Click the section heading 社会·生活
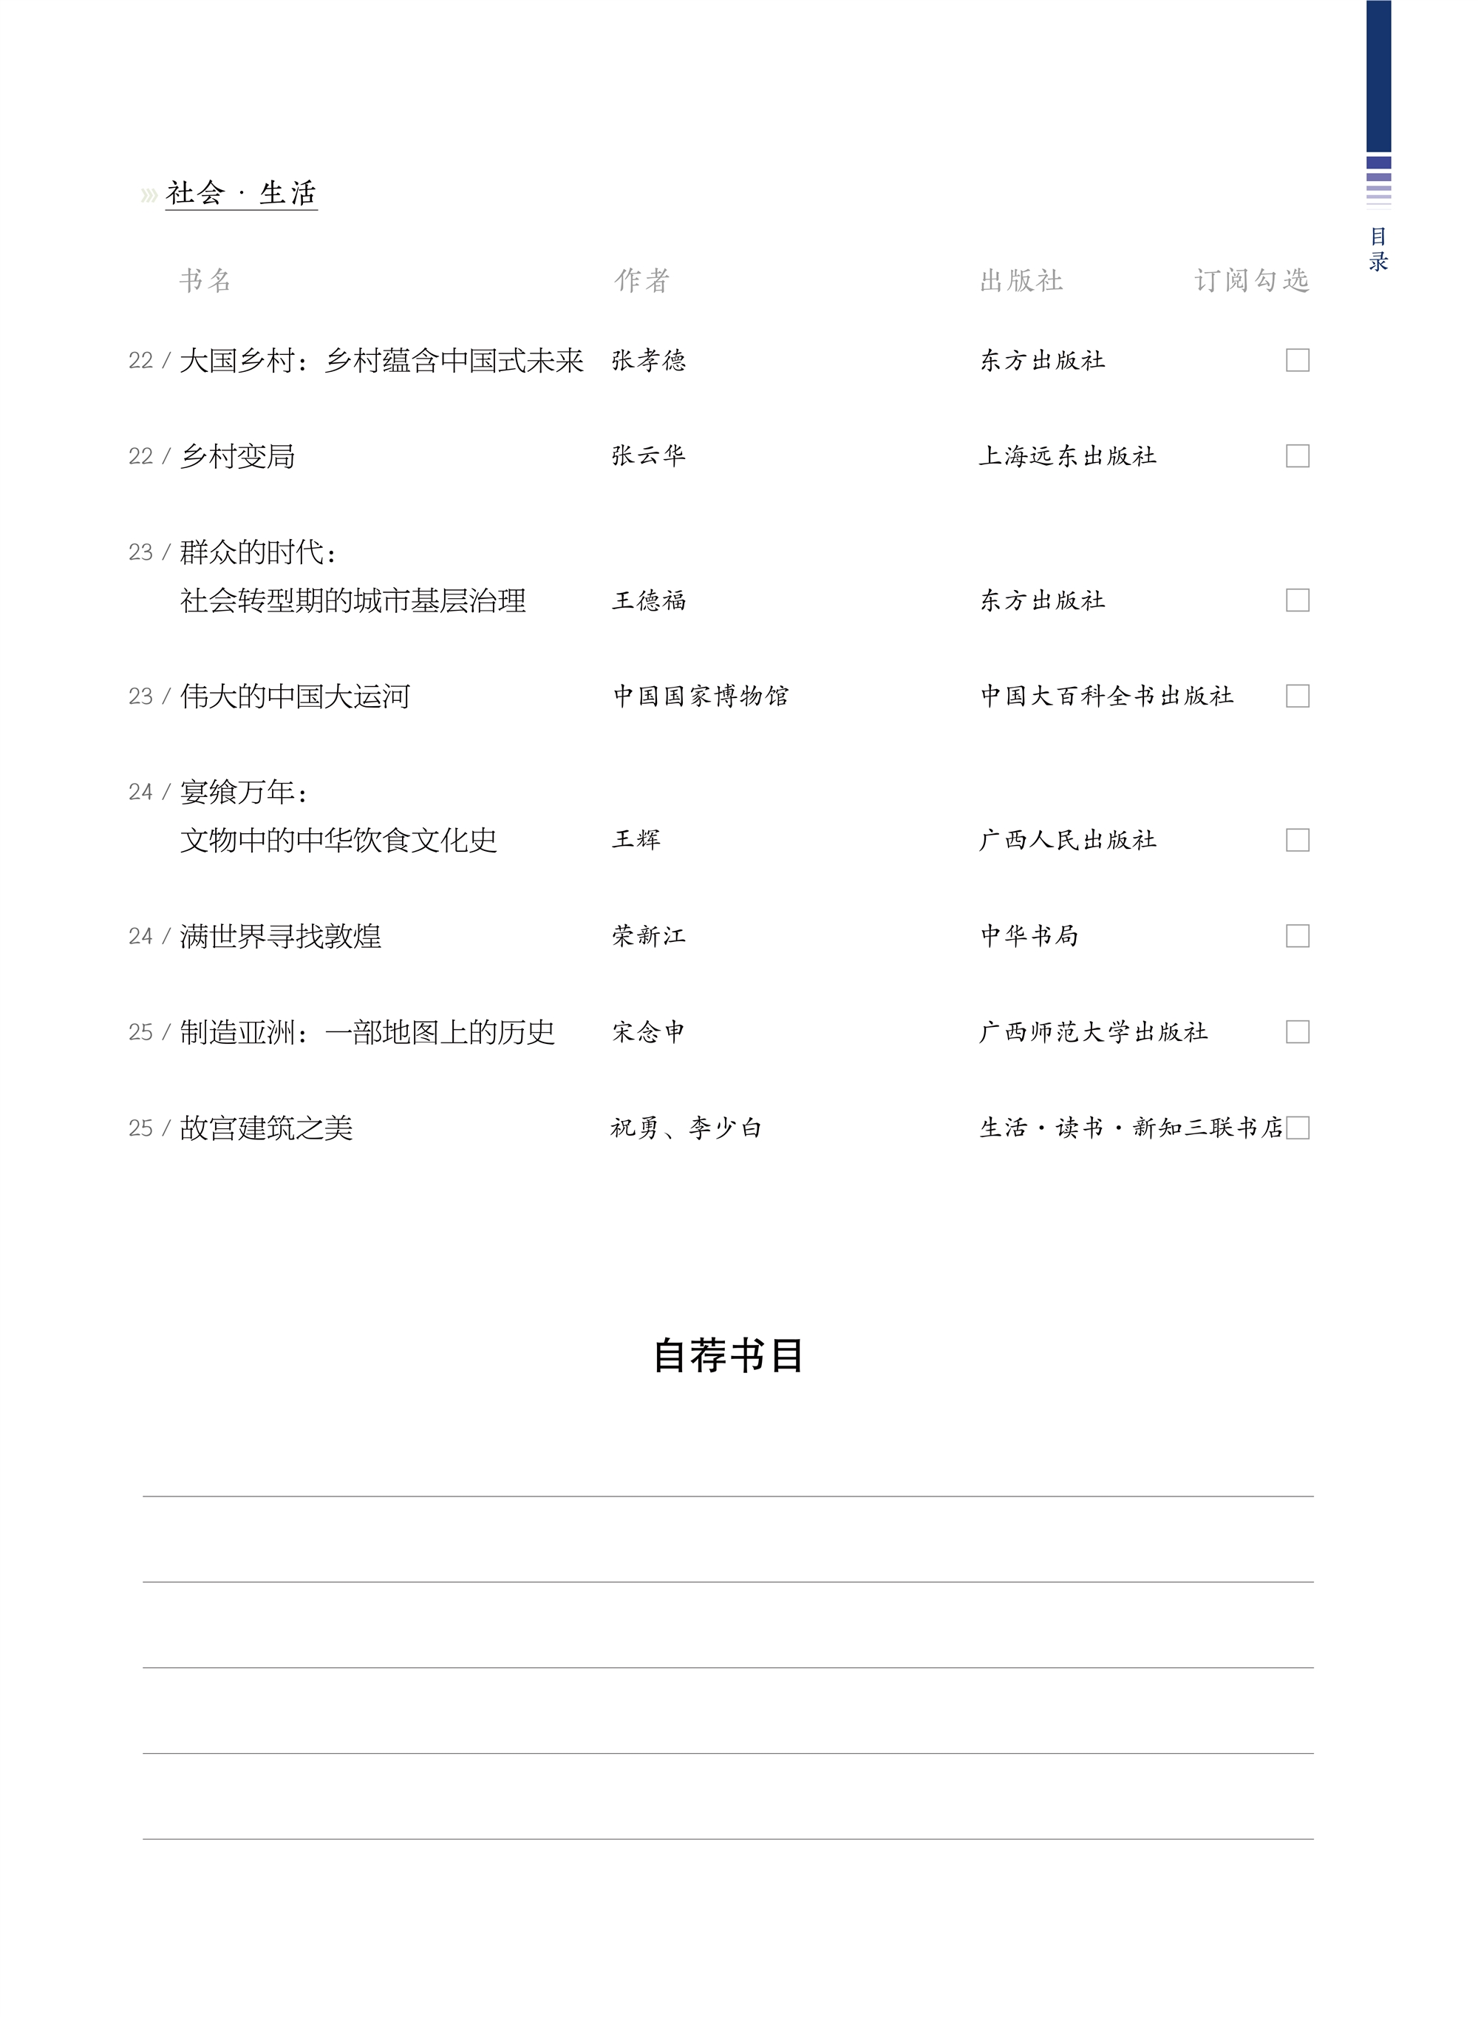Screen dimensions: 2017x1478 tap(241, 193)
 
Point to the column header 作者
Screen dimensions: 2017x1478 tap(641, 281)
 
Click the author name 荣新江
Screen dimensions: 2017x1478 tap(649, 936)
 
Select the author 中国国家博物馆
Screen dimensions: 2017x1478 tap(701, 696)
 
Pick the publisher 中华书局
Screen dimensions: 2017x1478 tap(1029, 936)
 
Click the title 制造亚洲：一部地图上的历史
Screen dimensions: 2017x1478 tap(367, 1033)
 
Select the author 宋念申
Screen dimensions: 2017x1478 tap(649, 1033)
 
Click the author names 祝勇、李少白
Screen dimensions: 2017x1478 tap(687, 1128)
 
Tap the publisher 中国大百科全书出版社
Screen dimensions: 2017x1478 tap(1107, 696)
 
